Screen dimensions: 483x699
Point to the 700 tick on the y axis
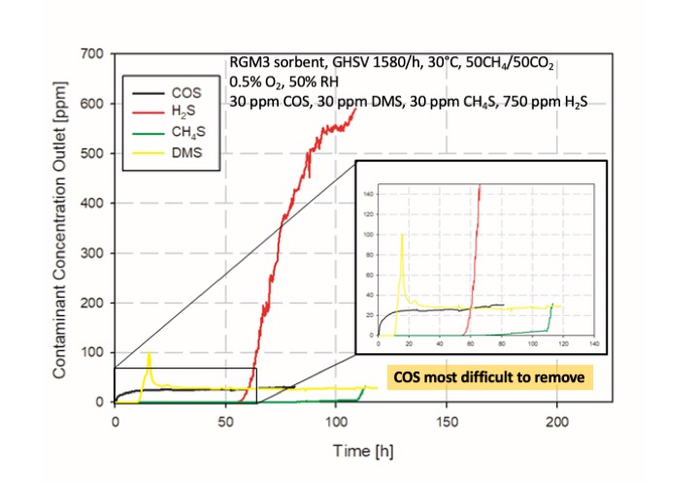click(x=90, y=53)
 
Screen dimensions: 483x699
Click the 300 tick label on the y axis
click(x=90, y=253)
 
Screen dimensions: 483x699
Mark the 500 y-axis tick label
click(x=90, y=153)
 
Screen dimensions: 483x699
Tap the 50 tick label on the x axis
click(x=225, y=422)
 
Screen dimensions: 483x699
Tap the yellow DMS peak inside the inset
click(x=402, y=234)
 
